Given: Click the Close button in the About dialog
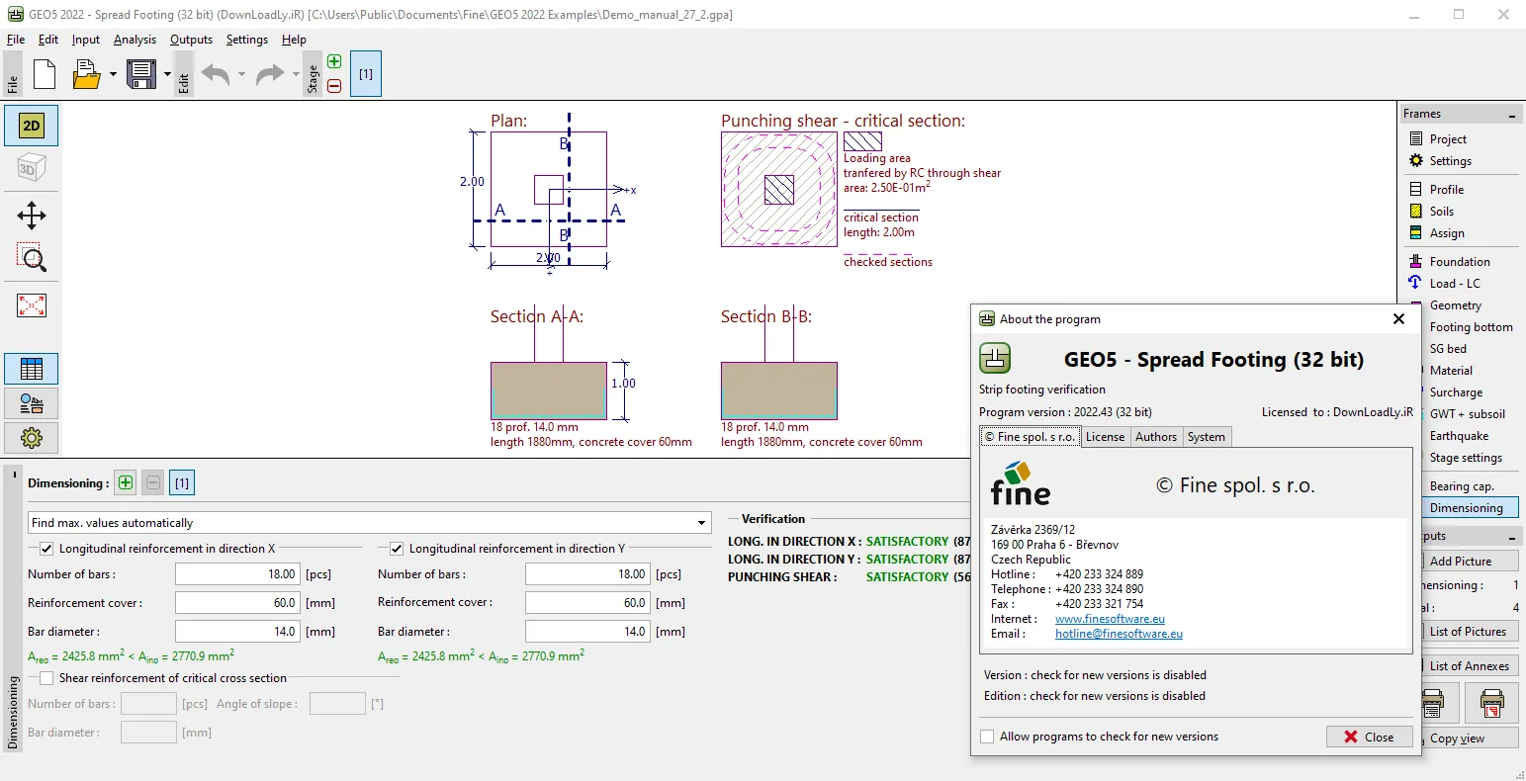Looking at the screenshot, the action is tap(1369, 737).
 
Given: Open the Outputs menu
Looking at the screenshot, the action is tap(191, 40).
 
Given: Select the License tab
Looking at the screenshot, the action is tap(1105, 436).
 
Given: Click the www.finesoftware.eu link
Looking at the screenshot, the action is tap(1110, 618).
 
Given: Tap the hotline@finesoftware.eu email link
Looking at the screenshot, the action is tap(1119, 634).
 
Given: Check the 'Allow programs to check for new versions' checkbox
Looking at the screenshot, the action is tap(986, 737).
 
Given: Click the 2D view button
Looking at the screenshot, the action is tap(32, 126).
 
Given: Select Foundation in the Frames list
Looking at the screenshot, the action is tap(1459, 261).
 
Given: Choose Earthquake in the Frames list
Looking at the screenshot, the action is tap(1459, 436).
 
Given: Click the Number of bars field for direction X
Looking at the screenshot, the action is tap(237, 574).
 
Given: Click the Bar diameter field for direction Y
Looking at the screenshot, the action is tap(587, 631).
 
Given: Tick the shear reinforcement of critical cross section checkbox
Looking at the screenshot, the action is tap(46, 678).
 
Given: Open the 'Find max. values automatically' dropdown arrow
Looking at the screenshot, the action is tap(701, 523).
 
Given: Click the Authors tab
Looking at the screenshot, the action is tap(1155, 436).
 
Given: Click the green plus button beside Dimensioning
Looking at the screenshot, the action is tap(126, 482).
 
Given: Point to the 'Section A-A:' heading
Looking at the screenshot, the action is tap(537, 316).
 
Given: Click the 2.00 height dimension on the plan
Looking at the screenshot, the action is tap(472, 181).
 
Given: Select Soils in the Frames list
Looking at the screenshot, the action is tap(1442, 212).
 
